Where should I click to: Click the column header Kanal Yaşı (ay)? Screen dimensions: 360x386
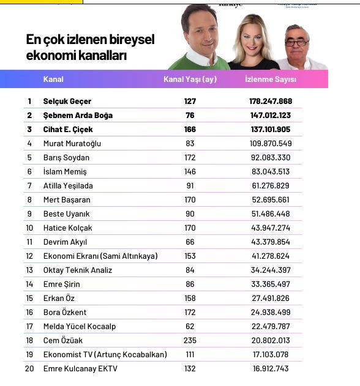[x=190, y=80]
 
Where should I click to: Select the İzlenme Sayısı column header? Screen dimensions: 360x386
[x=270, y=80]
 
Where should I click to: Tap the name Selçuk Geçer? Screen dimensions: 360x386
[x=67, y=102]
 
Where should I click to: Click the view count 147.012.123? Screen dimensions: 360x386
[x=268, y=116]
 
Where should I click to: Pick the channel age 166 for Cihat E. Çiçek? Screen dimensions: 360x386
[x=190, y=130]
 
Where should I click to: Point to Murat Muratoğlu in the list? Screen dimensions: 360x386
[x=72, y=144]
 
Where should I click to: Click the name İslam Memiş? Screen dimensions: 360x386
[x=65, y=172]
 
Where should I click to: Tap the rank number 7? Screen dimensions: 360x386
[x=29, y=186]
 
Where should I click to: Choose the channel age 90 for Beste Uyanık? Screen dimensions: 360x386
[x=190, y=214]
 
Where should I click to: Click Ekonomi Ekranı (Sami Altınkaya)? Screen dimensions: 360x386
[x=100, y=256]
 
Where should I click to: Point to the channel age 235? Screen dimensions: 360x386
[x=190, y=341]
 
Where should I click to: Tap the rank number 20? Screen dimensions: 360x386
[x=29, y=369]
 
